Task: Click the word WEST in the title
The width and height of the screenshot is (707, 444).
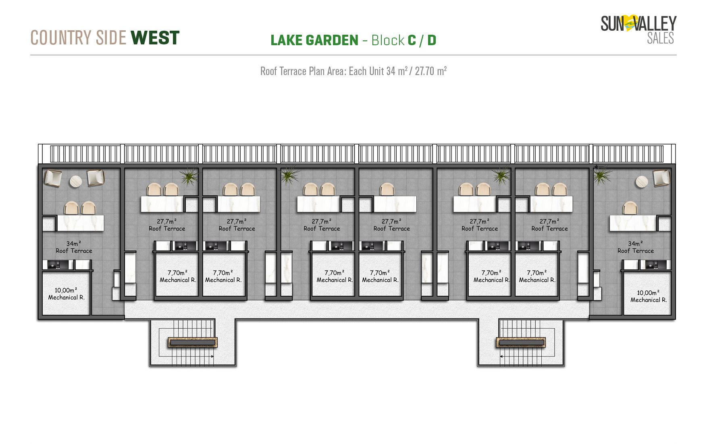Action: (x=155, y=38)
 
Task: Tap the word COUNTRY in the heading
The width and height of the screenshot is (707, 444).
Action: (x=61, y=38)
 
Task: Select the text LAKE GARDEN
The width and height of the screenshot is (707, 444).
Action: (x=314, y=40)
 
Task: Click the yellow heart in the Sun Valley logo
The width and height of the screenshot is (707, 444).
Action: (x=630, y=23)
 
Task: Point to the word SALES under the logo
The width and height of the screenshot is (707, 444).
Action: (x=660, y=38)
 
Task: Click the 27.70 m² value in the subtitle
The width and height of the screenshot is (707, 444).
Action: (x=430, y=71)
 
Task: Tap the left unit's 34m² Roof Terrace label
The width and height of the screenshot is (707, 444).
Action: (x=74, y=247)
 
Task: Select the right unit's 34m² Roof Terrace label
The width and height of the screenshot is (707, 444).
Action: (x=635, y=247)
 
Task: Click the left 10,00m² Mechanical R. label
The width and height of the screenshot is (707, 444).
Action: (x=66, y=294)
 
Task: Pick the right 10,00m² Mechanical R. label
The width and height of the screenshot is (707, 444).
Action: (x=648, y=296)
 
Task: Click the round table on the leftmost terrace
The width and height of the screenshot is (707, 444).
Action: (x=76, y=182)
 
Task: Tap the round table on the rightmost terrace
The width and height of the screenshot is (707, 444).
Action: (x=642, y=182)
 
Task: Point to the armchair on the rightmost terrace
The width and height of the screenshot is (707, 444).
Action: (x=661, y=178)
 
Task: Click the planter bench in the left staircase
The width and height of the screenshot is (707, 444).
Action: (x=193, y=342)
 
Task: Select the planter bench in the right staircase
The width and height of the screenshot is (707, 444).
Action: (x=521, y=343)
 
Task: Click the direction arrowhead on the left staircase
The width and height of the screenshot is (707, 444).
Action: (x=212, y=356)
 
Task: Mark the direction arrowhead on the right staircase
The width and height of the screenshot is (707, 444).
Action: (x=501, y=356)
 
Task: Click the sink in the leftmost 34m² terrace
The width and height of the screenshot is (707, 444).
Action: (x=54, y=265)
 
